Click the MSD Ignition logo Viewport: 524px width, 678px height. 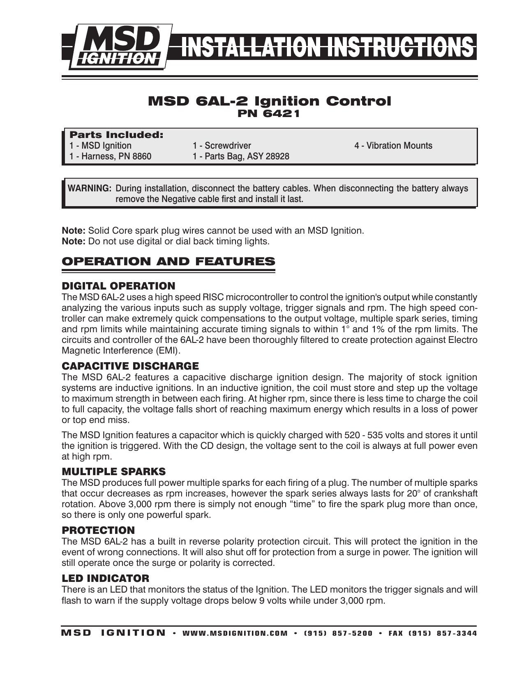point(118,46)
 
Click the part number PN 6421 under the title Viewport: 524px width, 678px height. point(269,114)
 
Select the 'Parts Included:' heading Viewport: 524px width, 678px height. point(117,135)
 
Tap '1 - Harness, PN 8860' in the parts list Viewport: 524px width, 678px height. point(110,156)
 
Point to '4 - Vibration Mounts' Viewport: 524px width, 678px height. point(393,146)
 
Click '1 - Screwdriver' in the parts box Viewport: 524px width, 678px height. point(222,146)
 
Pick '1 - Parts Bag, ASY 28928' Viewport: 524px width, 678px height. point(241,156)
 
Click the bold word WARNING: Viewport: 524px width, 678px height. point(90,189)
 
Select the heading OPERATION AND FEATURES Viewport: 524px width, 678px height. point(168,262)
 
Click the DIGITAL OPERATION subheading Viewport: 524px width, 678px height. point(118,286)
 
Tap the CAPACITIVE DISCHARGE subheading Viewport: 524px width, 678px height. point(130,366)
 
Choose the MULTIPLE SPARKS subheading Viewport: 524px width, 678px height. point(113,471)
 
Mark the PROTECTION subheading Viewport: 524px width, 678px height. point(98,530)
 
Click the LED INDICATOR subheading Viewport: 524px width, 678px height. point(105,579)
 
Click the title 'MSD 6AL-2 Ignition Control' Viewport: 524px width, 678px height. point(269,101)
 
